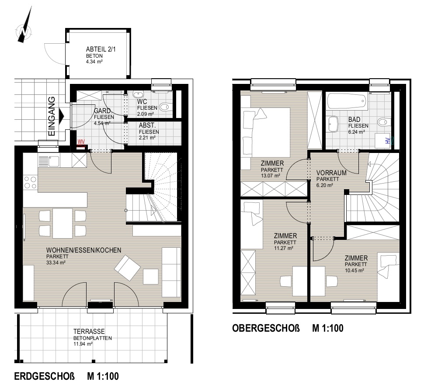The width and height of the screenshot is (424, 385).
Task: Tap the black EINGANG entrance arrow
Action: click(x=62, y=116)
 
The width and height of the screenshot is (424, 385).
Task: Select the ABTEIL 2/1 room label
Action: click(x=101, y=49)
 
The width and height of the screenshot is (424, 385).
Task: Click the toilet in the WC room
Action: click(x=164, y=107)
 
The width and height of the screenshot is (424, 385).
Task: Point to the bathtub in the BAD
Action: click(x=347, y=101)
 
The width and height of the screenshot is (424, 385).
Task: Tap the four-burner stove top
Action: click(x=30, y=182)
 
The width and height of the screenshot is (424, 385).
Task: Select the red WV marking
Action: click(x=81, y=142)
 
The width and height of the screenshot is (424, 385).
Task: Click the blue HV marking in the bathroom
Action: click(x=389, y=141)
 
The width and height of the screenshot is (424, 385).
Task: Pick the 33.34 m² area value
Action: click(x=56, y=262)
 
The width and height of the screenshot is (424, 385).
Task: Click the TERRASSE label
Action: click(x=89, y=332)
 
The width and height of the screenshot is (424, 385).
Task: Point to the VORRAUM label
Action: click(x=331, y=173)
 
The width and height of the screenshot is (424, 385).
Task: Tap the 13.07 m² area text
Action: click(x=271, y=176)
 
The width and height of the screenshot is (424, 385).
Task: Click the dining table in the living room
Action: click(x=63, y=223)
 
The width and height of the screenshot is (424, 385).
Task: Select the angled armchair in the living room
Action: click(x=127, y=267)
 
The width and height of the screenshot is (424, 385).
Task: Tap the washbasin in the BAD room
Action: click(x=333, y=125)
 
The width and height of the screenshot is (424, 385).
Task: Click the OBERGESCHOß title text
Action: click(x=266, y=328)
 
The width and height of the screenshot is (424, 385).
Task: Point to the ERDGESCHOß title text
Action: click(x=44, y=376)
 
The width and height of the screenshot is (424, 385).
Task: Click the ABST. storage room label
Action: click(x=147, y=125)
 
